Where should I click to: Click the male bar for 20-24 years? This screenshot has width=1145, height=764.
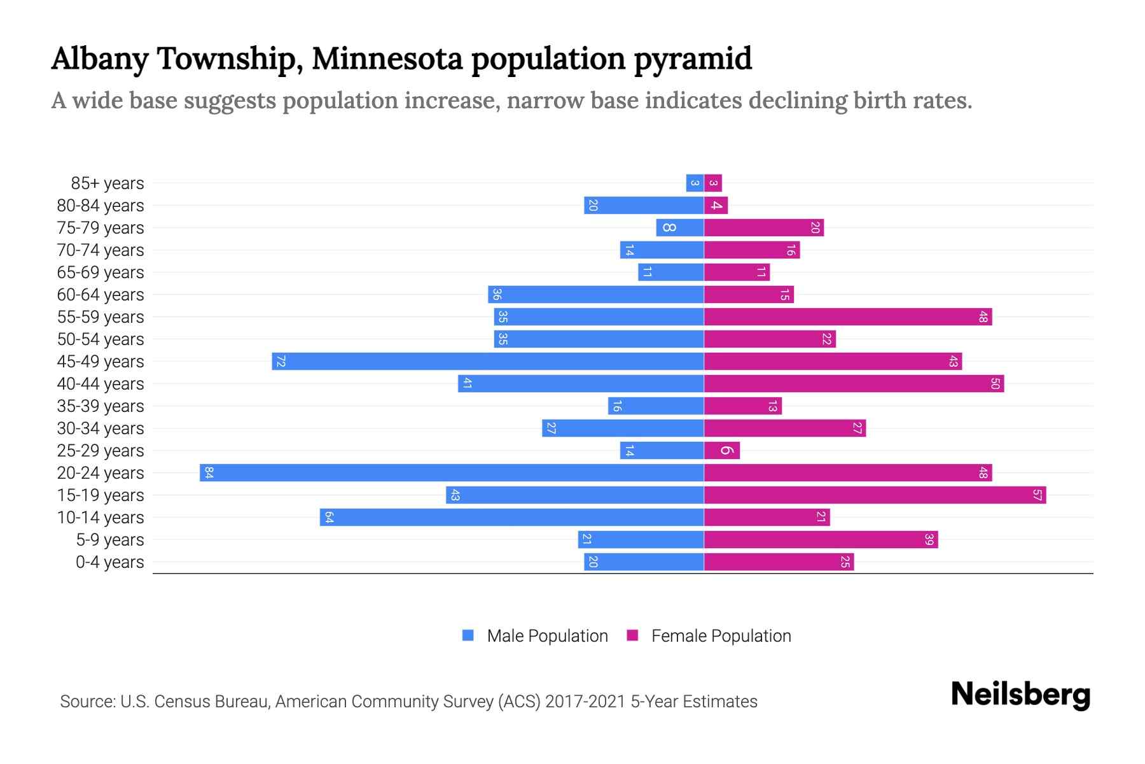(x=452, y=472)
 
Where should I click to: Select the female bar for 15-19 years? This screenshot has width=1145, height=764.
(x=875, y=495)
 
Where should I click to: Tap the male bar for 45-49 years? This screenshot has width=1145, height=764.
(x=487, y=361)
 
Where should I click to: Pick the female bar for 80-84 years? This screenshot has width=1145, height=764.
(x=716, y=205)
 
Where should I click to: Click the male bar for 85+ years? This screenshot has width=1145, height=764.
(x=695, y=183)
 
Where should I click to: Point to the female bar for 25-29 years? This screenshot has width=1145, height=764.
(x=722, y=450)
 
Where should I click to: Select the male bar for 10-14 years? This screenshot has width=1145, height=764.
(x=511, y=517)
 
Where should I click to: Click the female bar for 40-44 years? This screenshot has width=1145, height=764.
(x=854, y=383)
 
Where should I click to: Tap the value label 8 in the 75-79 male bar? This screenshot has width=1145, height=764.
(x=669, y=227)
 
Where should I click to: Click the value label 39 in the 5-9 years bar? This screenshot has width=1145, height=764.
(x=929, y=539)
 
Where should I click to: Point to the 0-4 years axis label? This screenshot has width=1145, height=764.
(x=109, y=562)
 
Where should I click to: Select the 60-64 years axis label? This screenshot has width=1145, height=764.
(x=101, y=295)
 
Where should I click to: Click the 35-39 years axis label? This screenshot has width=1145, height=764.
(x=101, y=406)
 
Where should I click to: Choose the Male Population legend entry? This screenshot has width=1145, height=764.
(x=547, y=636)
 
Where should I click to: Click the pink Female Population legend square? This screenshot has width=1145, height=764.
(x=632, y=635)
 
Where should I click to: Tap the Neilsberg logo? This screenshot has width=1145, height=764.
(x=1020, y=695)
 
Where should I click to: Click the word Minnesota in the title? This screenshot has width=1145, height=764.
(x=387, y=59)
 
